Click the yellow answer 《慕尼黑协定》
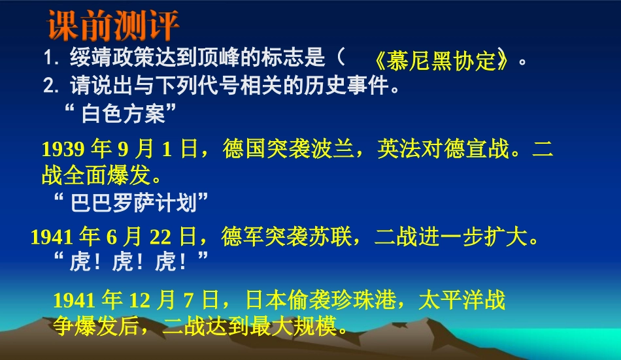point(443,61)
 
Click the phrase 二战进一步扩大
point(451,237)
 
